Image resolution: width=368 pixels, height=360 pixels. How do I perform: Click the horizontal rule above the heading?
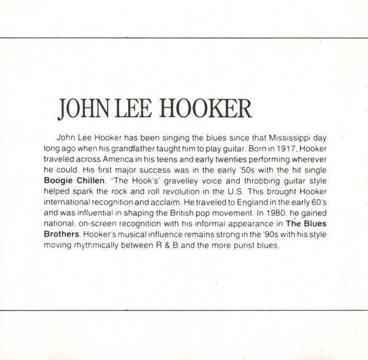click(184, 37)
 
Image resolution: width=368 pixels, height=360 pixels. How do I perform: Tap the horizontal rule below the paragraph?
click(184, 311)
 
